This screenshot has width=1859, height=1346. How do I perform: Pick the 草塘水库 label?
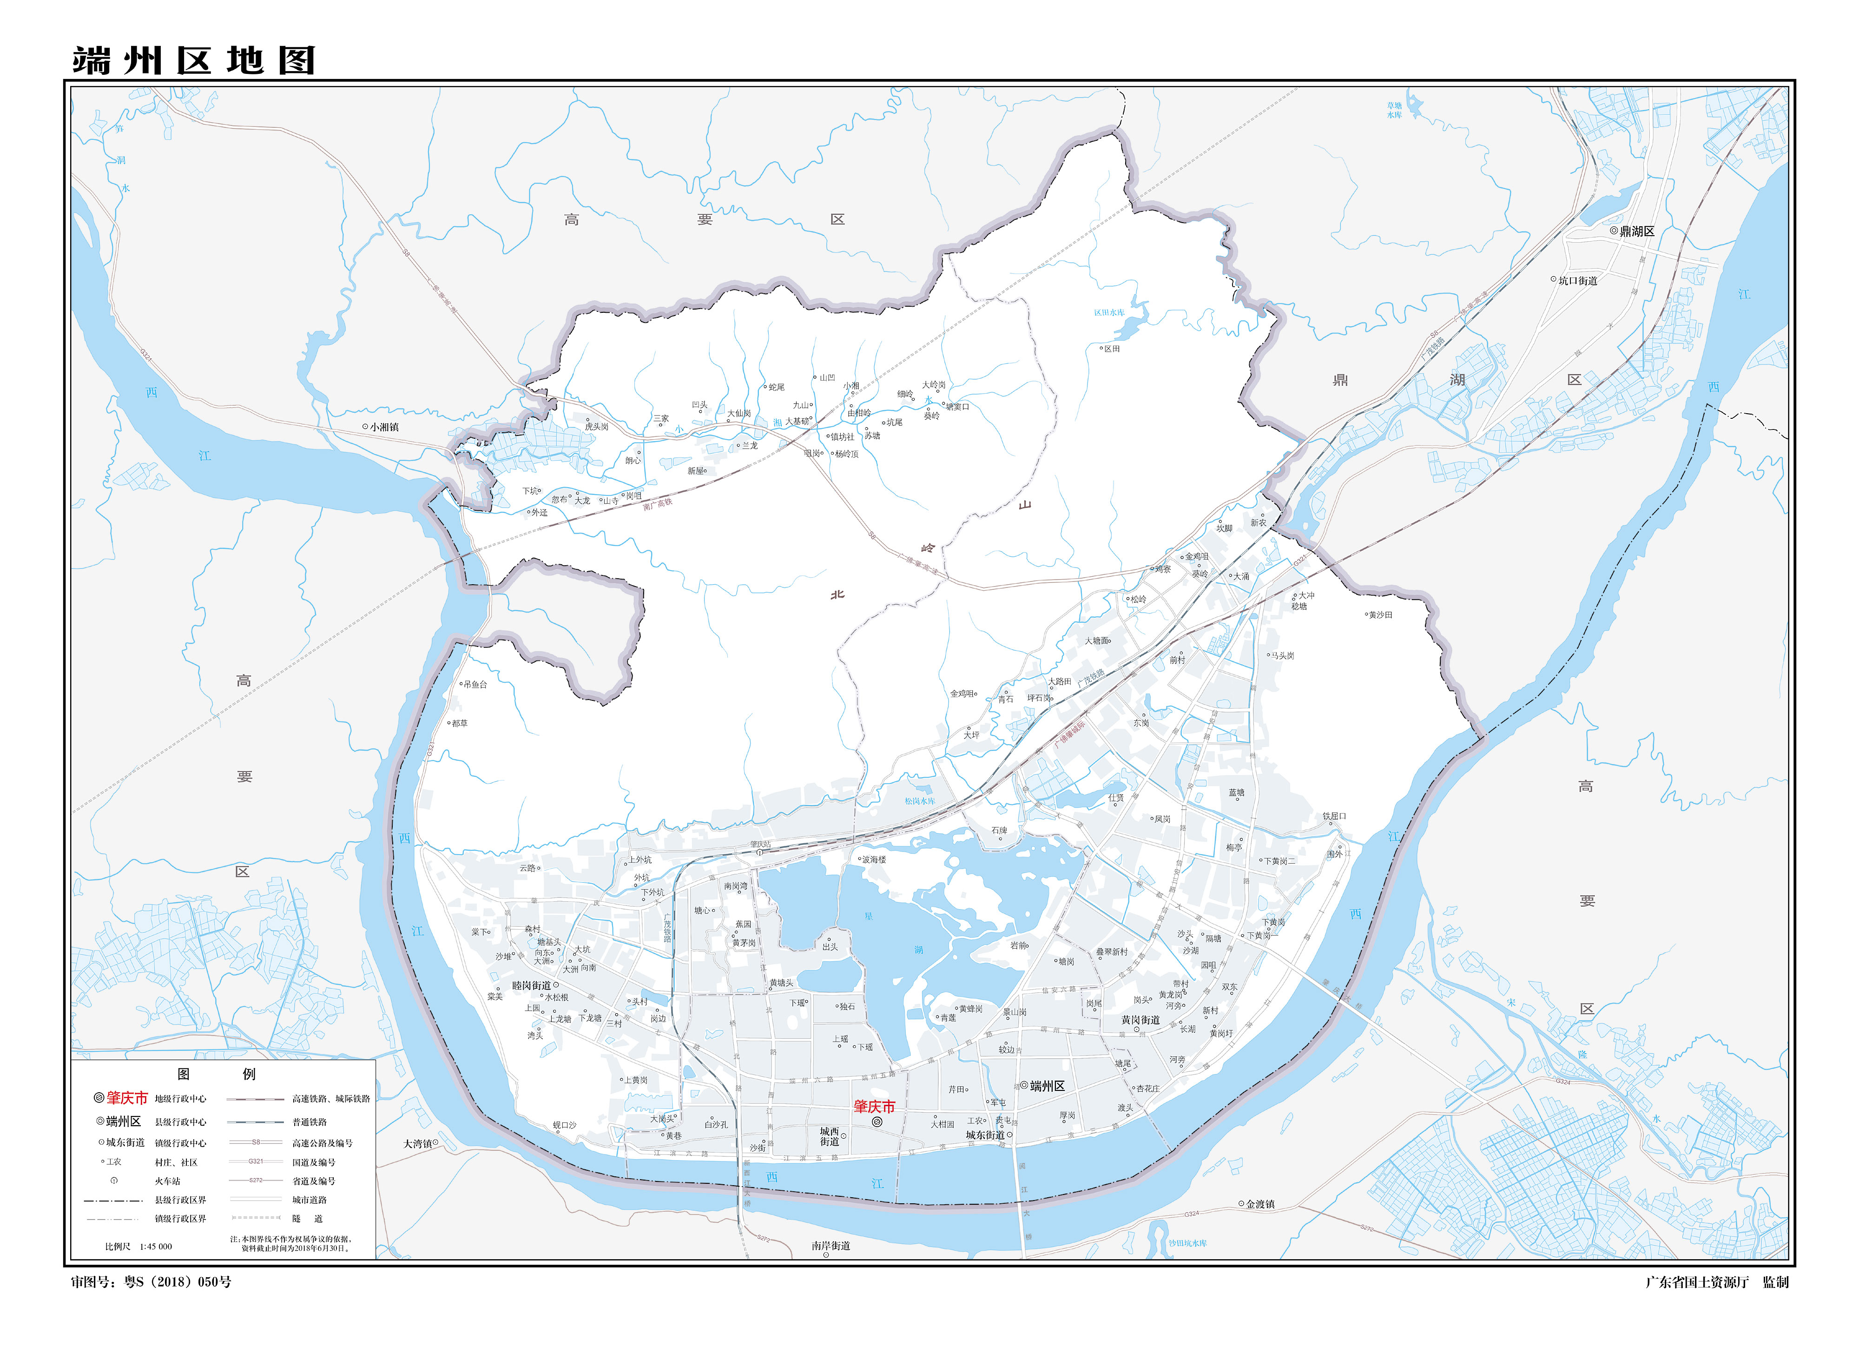tap(1394, 110)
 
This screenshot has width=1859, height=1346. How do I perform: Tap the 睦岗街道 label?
tap(531, 985)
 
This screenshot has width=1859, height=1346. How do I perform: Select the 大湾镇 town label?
tap(417, 1143)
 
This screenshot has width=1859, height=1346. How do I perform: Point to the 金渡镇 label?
tap(1260, 1204)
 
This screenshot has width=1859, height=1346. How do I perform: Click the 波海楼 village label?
tap(874, 860)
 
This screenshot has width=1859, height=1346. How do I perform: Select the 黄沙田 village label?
tap(1380, 615)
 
